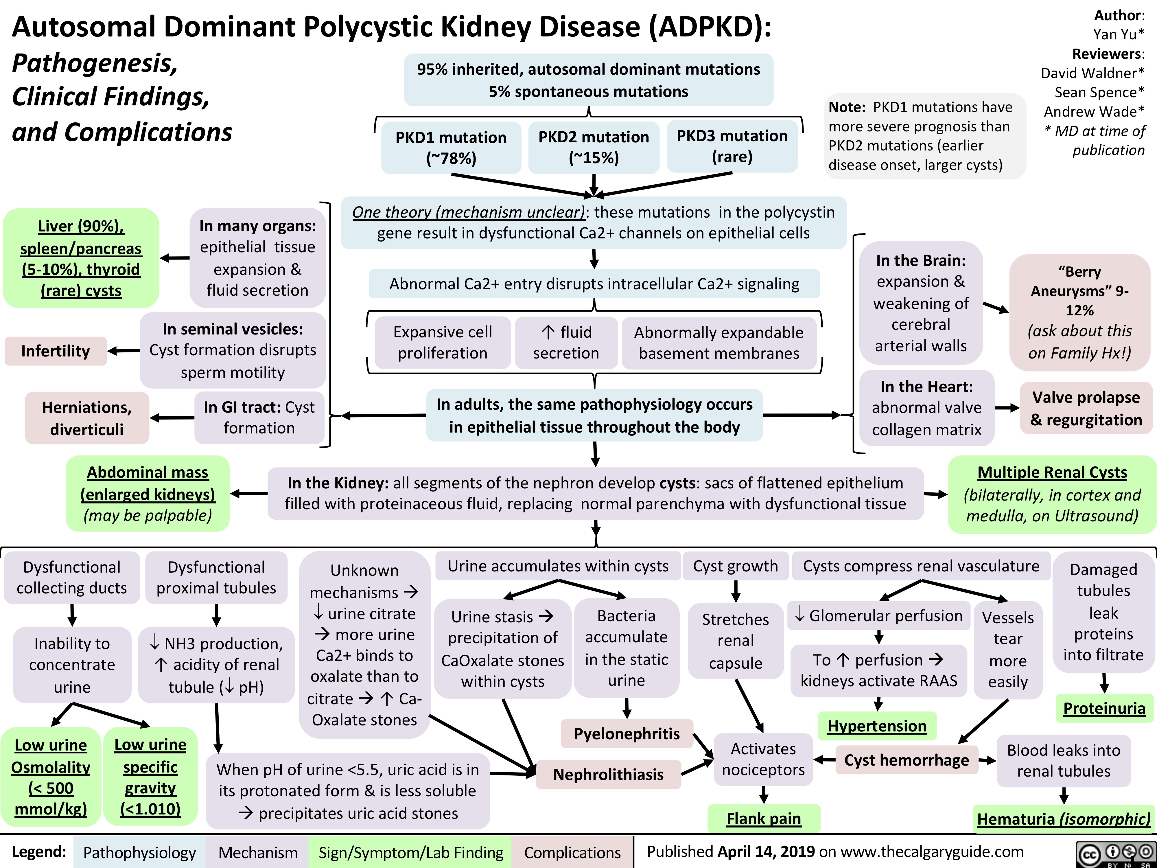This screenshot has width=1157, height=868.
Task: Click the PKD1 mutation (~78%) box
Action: (x=451, y=147)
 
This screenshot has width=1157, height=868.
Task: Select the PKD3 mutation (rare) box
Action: (x=732, y=146)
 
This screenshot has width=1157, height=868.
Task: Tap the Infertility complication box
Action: (x=56, y=351)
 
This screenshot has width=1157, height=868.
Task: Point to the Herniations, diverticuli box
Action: (x=87, y=418)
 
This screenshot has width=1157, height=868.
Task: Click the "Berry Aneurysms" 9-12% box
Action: (x=1079, y=312)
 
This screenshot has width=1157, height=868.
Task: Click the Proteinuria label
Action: (x=1104, y=708)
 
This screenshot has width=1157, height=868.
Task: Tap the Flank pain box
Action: (x=764, y=818)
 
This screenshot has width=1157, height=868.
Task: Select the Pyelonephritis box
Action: (x=627, y=733)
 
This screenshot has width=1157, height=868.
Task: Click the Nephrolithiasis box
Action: (x=608, y=774)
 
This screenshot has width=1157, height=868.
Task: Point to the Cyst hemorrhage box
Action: (x=907, y=760)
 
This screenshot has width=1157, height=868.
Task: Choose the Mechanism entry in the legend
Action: (x=258, y=852)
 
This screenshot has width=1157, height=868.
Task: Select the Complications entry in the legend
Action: (x=572, y=852)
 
